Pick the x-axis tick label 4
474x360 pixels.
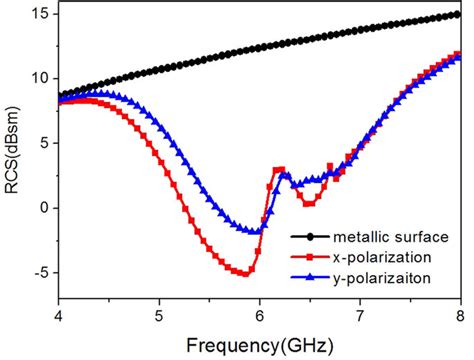point(59,318)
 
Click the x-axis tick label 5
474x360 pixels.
point(159,318)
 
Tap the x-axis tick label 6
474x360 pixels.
point(260,318)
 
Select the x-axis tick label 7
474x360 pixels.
point(360,318)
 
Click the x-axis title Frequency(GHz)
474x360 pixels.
point(259,344)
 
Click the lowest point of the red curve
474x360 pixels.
point(244,273)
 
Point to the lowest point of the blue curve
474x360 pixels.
point(257,232)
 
